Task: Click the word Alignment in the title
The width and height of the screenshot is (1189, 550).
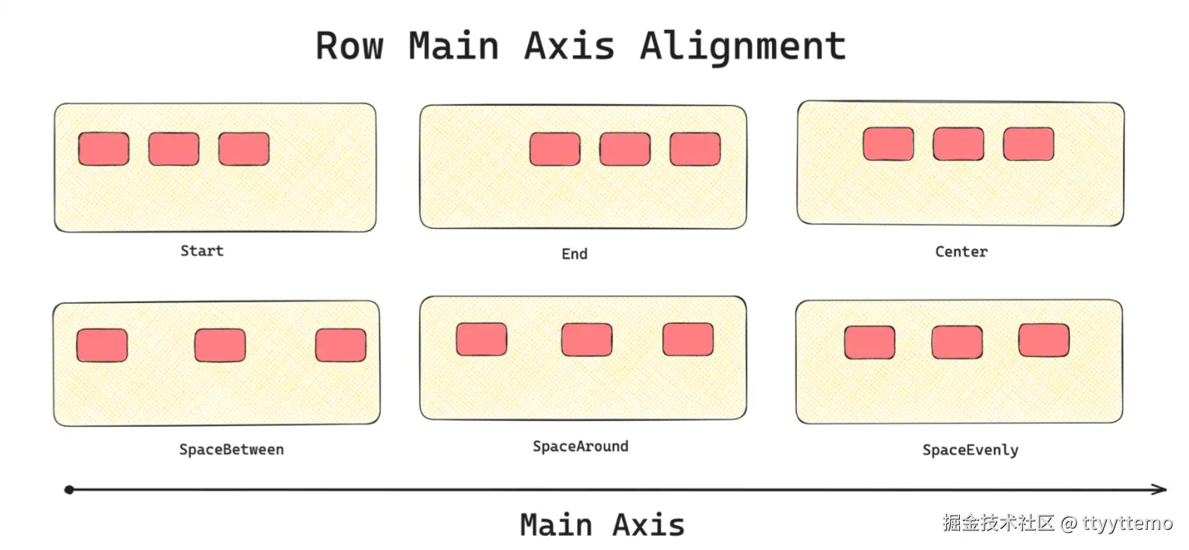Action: pos(742,47)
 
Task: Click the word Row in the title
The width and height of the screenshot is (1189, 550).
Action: pos(349,47)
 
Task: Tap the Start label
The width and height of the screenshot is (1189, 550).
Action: pos(202,251)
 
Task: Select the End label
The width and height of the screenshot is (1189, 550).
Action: pos(575,254)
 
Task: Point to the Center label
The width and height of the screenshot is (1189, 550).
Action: pos(961,251)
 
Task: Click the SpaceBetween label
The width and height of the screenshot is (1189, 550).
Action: pos(231,449)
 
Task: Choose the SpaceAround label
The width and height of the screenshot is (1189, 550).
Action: pos(580,446)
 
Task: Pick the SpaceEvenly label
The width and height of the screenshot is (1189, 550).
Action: pos(970,450)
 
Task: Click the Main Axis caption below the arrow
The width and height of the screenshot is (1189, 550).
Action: pos(602,524)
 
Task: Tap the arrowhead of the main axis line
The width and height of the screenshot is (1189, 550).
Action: pos(1161,489)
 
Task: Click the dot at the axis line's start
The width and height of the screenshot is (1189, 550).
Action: pos(69,490)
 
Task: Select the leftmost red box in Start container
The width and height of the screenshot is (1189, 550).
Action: pos(104,149)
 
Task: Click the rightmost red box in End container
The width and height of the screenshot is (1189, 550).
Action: pos(695,149)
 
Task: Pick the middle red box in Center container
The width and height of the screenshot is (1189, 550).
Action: pos(958,143)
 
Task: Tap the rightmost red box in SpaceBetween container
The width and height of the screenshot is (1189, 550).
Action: pos(340,344)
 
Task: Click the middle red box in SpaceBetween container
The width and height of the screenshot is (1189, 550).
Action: pos(219,344)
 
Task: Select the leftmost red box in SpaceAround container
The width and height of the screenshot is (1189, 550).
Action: pos(481,339)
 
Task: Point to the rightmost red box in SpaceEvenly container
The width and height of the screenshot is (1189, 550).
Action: pos(1043,340)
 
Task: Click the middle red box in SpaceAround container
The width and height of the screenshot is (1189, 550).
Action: pos(587,339)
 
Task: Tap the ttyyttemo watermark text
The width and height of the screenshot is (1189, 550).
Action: pos(1127,523)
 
